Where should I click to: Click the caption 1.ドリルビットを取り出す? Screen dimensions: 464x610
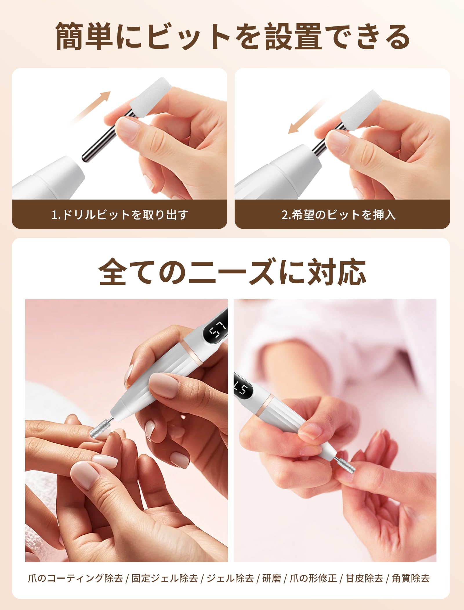(120, 215)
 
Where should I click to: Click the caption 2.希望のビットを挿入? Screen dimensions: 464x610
(338, 215)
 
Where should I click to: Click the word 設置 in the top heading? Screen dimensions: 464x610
(293, 37)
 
